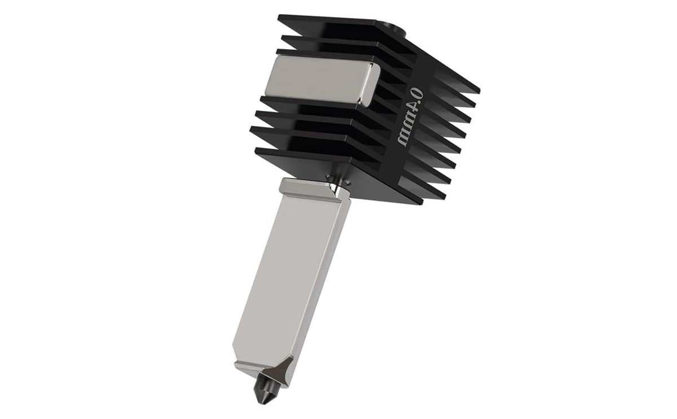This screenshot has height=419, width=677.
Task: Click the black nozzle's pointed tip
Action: pyautogui.click(x=260, y=403)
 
